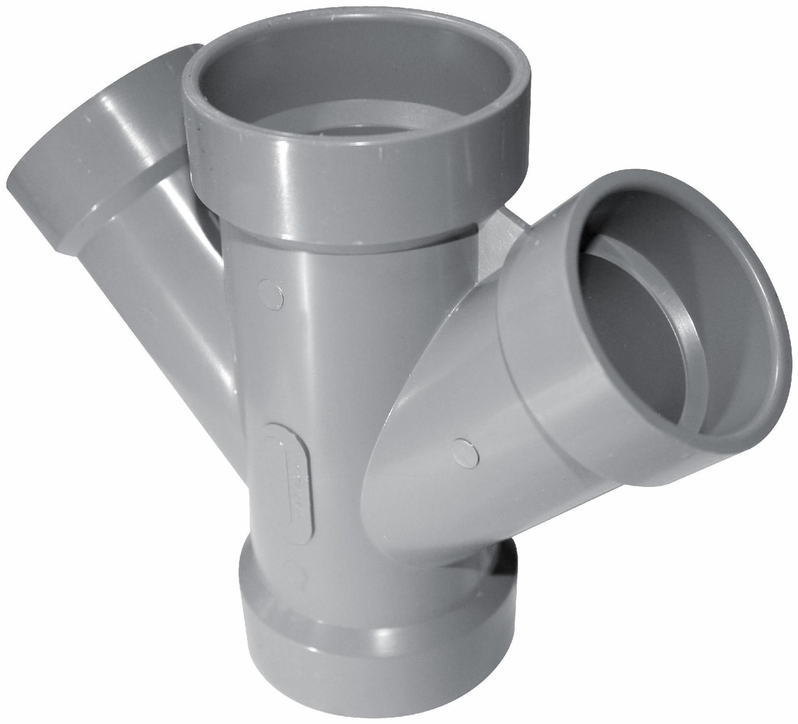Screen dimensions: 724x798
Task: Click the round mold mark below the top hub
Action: click(270, 295)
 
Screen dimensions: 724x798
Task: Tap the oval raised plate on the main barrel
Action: click(288, 483)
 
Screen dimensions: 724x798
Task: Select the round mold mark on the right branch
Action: click(465, 454)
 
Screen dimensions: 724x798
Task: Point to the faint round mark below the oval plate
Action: click(294, 575)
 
